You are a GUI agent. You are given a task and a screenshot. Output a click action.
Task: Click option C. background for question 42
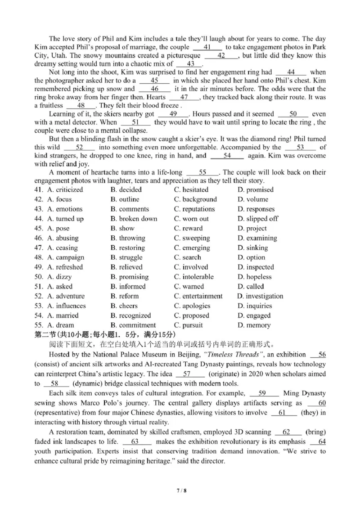coord(195,199)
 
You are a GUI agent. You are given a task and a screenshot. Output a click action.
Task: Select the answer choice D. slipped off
coord(258,219)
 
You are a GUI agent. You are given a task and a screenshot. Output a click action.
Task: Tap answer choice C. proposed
coord(191,315)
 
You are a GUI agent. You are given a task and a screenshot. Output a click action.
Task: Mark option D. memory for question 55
coord(254,325)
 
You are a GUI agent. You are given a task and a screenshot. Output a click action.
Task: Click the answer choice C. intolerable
coord(193,277)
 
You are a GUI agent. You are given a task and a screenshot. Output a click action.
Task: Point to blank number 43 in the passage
coord(190,64)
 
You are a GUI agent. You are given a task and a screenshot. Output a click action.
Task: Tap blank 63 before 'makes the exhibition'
coord(134,441)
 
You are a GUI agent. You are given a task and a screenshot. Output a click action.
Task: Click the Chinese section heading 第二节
coord(44,335)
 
